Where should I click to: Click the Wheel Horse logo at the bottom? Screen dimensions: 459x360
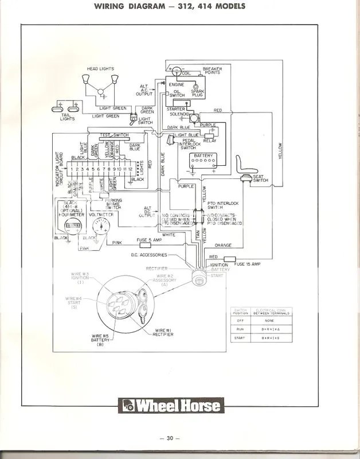tap(170, 406)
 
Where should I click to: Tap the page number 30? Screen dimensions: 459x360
tap(170, 439)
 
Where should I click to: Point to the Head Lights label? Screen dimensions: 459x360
tap(100, 69)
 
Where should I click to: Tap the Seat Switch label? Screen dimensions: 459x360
tap(260, 177)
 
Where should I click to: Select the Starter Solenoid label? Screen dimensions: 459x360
tap(176, 111)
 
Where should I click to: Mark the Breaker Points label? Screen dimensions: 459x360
tap(212, 72)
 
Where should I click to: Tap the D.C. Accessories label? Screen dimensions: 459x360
tap(148, 254)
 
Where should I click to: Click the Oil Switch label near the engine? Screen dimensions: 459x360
tap(177, 93)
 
